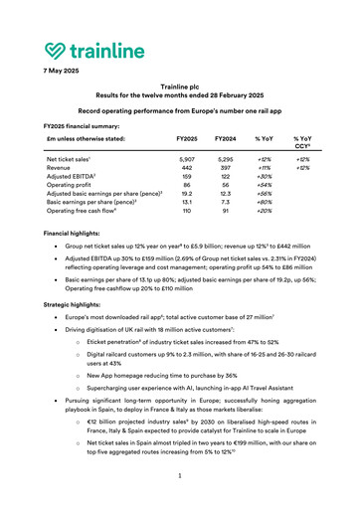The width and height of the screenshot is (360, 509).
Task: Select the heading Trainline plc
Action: tap(179, 87)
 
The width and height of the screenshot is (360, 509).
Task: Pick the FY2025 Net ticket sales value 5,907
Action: tap(187, 159)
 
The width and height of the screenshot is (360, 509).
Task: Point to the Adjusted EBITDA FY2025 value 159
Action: tap(187, 177)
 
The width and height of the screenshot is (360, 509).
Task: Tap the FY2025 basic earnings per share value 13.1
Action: tap(187, 204)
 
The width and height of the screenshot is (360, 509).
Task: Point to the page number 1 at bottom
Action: tap(180, 476)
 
